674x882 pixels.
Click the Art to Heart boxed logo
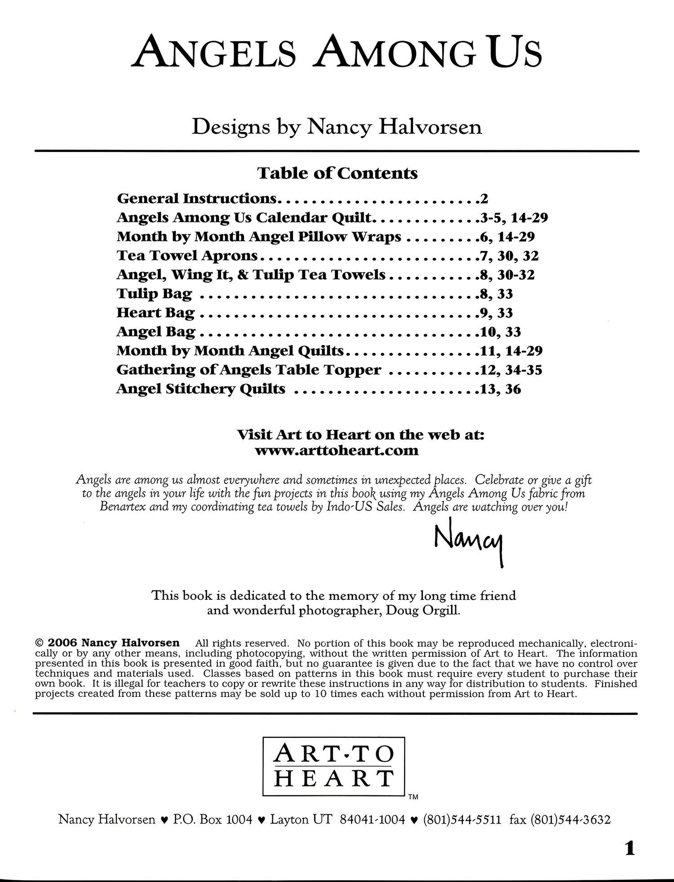point(333,767)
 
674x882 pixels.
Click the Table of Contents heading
point(337,173)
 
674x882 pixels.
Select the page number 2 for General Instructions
point(483,198)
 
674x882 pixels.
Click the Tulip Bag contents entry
point(154,294)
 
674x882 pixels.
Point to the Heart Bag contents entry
point(155,313)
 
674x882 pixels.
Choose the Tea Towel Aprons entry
point(187,256)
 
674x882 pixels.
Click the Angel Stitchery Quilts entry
point(200,389)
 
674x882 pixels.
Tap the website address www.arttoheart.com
point(337,450)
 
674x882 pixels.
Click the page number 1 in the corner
point(630,849)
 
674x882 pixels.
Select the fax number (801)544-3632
point(571,820)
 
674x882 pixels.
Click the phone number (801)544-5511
point(462,820)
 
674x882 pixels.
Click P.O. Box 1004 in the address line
point(213,820)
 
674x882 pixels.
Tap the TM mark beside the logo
point(413,797)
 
